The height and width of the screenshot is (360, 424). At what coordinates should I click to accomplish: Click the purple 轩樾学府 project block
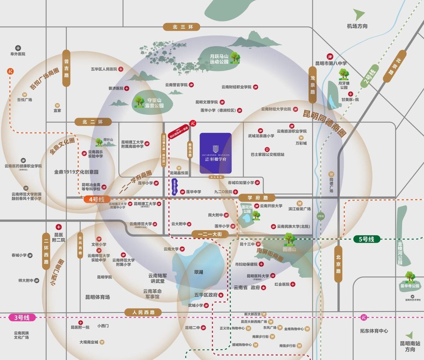215,153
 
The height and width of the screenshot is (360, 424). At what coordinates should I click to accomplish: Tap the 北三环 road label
181,27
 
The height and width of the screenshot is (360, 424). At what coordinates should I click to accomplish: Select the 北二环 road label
93,122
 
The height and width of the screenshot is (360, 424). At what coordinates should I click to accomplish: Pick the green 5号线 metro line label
366,239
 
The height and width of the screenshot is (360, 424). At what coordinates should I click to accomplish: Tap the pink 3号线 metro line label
22,317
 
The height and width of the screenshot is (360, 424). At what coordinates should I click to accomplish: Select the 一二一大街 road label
210,234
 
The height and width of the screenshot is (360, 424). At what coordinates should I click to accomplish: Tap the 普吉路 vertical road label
66,68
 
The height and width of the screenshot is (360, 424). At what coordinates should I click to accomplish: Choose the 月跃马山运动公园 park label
219,59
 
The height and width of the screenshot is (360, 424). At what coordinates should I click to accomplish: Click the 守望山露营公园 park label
154,103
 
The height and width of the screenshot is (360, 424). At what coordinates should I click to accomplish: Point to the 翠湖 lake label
199,272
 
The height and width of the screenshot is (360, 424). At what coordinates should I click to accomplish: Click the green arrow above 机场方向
360,15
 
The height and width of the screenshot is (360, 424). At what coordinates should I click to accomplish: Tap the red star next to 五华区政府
221,295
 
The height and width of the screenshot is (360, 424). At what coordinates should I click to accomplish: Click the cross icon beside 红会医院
293,284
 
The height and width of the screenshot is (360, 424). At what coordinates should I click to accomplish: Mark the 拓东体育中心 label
369,331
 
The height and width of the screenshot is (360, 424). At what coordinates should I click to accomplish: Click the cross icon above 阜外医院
18,48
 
